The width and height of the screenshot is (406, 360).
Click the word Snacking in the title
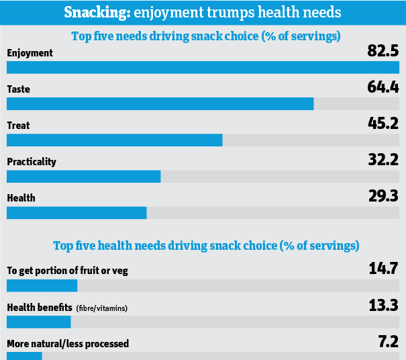click(95, 13)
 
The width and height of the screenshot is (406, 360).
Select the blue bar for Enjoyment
click(203, 66)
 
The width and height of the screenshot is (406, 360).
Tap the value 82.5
click(383, 50)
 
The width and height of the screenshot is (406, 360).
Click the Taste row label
click(18, 89)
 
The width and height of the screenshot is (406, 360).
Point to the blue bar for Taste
click(160, 103)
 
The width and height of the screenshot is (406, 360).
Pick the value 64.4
click(383, 87)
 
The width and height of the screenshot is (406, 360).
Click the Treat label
click(18, 125)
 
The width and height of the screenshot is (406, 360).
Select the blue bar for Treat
click(114, 140)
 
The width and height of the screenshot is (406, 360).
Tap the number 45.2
click(383, 123)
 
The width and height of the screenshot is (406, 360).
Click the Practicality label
click(32, 162)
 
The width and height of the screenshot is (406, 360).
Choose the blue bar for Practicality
click(83, 176)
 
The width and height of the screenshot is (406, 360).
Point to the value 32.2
click(383, 160)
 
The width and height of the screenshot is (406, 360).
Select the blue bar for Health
click(77, 212)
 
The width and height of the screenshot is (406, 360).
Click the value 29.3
click(383, 196)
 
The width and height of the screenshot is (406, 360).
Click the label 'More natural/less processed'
click(68, 344)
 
